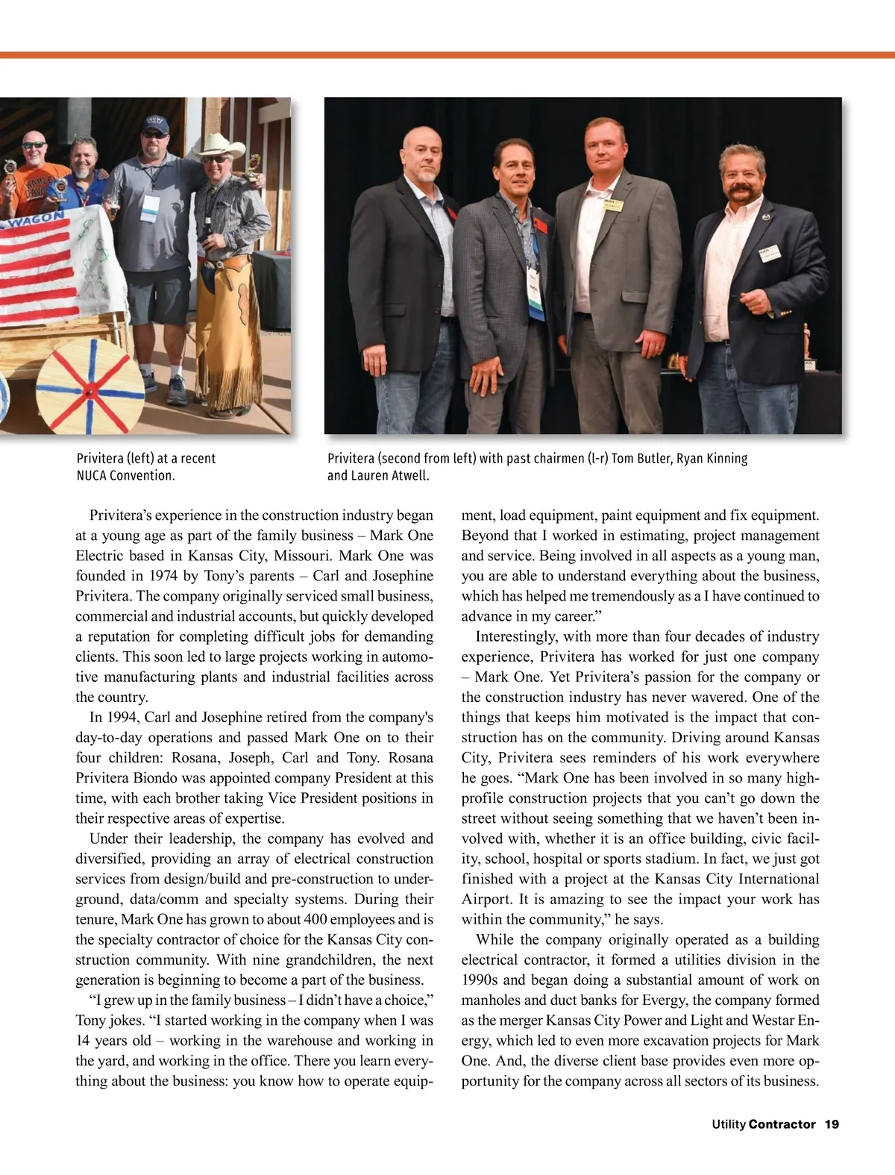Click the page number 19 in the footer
pos(832,1124)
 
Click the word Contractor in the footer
pos(782,1124)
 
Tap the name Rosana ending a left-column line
pos(410,758)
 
